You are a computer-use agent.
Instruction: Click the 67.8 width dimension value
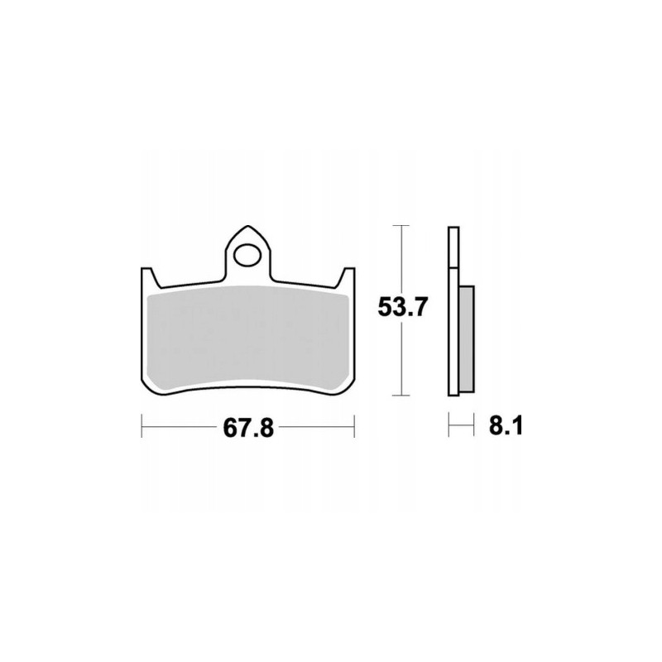click(248, 429)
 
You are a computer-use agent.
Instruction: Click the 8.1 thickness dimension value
click(503, 428)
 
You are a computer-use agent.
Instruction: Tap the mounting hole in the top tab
click(247, 253)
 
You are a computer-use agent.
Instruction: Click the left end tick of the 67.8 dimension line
click(142, 429)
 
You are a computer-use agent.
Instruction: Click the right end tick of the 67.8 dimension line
click(354, 429)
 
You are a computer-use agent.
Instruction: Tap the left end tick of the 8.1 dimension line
click(448, 429)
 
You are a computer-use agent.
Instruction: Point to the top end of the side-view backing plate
click(452, 228)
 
